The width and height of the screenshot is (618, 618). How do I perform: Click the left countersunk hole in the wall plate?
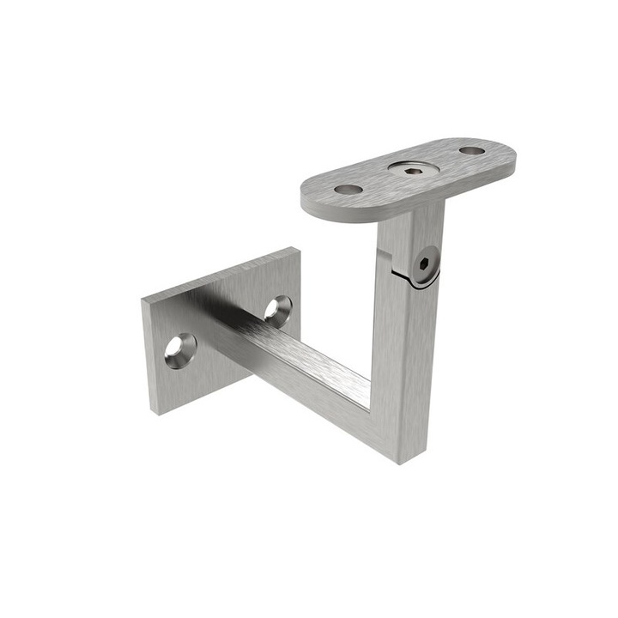pos(180,350)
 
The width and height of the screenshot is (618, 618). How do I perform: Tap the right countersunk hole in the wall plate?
pos(278,309)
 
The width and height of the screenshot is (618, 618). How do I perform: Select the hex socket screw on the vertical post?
pos(423,266)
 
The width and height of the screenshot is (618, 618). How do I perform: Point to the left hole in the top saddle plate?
pos(348,189)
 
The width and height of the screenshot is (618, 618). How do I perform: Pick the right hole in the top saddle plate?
pos(471,150)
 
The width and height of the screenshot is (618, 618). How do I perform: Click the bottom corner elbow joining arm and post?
pos(391,429)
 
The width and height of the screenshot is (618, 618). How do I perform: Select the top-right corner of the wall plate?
pos(296,251)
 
